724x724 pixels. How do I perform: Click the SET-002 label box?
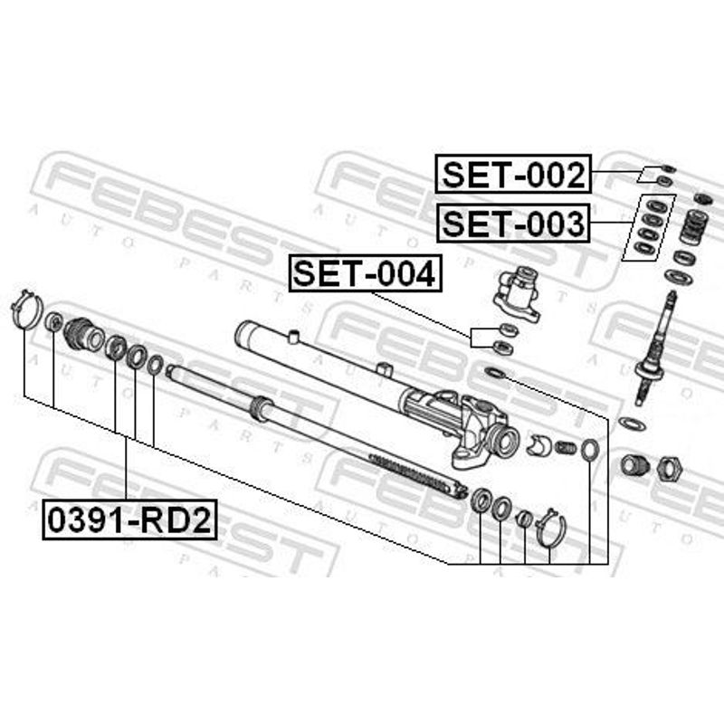coord(513,174)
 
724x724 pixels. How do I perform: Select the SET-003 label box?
coord(513,223)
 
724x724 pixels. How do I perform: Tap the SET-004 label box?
coord(366,273)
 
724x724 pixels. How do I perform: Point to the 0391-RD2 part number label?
coord(129,519)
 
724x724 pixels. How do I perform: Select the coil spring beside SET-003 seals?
coord(694,227)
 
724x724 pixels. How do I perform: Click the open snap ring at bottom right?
coord(550,529)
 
